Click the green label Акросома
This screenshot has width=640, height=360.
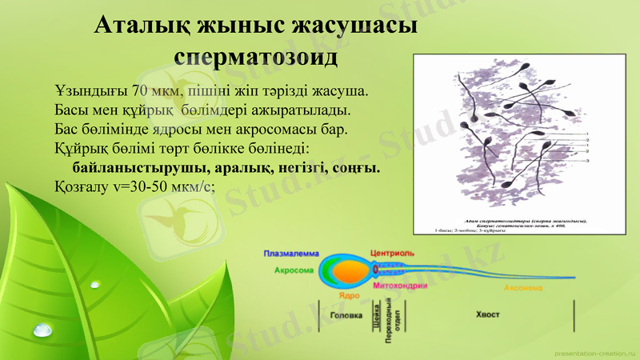(x=294, y=271)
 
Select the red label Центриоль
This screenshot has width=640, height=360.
(x=390, y=254)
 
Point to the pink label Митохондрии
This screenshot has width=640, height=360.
(x=399, y=286)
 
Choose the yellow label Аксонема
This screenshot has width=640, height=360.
(x=524, y=286)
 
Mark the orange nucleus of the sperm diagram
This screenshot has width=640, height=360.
(x=350, y=273)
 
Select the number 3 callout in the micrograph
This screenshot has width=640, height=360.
(x=587, y=161)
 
